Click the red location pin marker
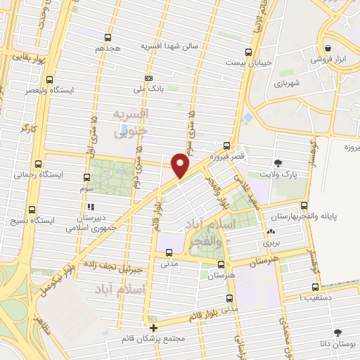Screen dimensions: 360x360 181,165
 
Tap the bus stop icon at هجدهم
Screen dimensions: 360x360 108,37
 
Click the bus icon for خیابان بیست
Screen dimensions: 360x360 247,52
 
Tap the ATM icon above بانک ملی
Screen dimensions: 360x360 148,78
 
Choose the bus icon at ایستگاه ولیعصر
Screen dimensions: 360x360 49,80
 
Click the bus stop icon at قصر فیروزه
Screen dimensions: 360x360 226,146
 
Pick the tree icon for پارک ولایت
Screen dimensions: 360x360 280,162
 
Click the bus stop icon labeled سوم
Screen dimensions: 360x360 87,178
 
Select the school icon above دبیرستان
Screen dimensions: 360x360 91,207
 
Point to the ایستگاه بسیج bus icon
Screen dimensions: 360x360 32,210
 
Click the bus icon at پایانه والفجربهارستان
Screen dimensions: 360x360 304,205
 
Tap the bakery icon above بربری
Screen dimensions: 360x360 271,231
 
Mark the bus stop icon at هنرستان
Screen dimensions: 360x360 221,265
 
